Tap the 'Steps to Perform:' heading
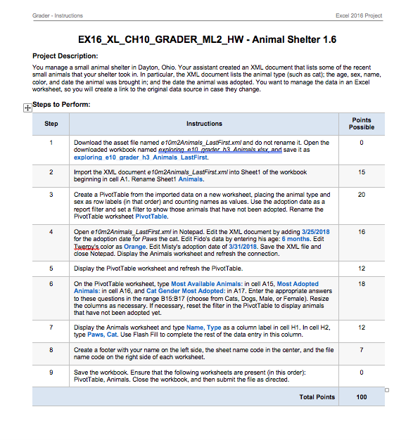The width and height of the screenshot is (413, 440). [61, 105]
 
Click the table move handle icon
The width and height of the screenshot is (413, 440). [28, 108]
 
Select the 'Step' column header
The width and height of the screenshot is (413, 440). [51, 124]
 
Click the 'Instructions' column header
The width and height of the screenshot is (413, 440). [204, 124]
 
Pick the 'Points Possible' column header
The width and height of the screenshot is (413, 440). [361, 124]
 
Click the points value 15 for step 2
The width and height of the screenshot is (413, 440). [361, 172]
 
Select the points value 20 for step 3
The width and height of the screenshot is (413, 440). [361, 193]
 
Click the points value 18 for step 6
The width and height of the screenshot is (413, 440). [361, 284]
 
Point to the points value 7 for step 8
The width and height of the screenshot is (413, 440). [361, 349]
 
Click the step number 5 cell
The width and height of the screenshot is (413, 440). [51, 268]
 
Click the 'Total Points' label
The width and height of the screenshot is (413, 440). [317, 397]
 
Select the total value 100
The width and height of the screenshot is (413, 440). [361, 397]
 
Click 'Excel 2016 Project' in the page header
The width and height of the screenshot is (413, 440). [360, 15]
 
